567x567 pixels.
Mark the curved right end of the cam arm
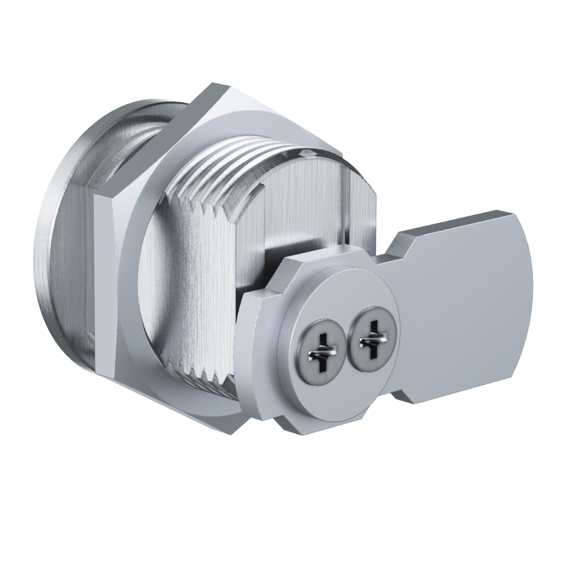click(x=525, y=294)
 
